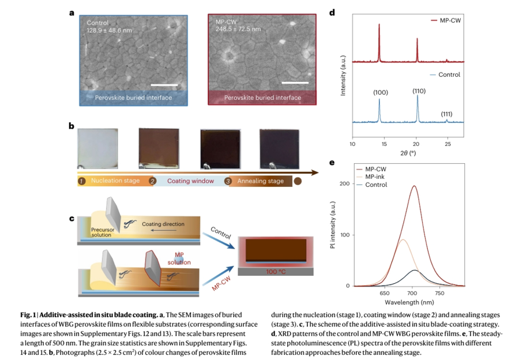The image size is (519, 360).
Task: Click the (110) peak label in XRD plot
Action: tap(419, 91)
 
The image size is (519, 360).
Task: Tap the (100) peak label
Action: tap(381, 92)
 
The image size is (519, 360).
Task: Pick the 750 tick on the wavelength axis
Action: tap(439, 293)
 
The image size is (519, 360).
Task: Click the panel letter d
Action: tap(332, 12)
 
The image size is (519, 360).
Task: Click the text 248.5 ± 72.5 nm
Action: tap(238, 29)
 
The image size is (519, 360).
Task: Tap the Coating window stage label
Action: tap(190, 181)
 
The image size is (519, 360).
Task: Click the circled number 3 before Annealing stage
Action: tap(228, 181)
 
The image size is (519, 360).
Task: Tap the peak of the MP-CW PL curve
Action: tap(413, 186)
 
